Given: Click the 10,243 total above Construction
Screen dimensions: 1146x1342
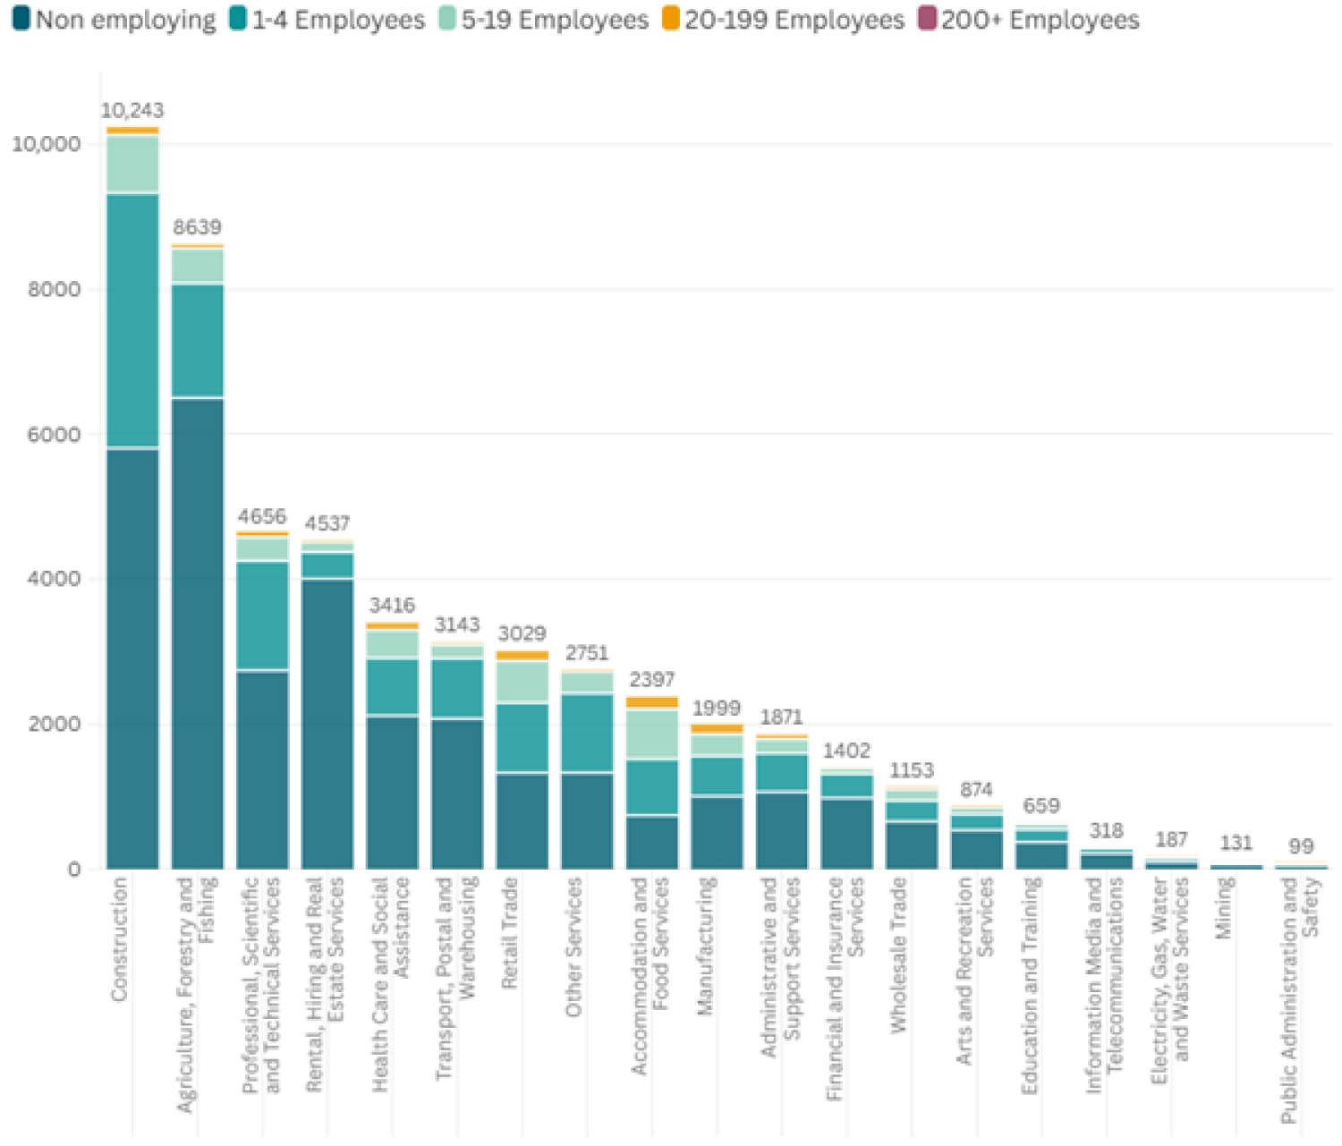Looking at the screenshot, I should tap(132, 111).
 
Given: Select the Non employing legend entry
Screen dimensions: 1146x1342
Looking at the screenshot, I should tap(115, 20).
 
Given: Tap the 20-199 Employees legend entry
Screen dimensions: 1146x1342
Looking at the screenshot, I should tap(784, 20).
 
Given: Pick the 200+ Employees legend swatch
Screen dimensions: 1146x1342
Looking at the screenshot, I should tap(929, 19).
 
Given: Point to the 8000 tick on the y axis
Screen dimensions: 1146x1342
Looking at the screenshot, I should tap(55, 290).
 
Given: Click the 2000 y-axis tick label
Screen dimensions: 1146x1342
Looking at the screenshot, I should tap(55, 724).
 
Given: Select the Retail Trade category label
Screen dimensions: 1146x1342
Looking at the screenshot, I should tap(510, 933).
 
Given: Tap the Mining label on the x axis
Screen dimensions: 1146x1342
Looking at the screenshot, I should tap(1225, 908).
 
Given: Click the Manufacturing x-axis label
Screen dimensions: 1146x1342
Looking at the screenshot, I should tap(705, 947).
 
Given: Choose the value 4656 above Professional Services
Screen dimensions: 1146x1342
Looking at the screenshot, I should tap(262, 516).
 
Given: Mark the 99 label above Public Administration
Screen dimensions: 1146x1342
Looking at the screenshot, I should tap(1301, 846).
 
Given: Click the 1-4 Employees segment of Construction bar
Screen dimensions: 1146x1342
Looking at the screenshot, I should tap(132, 319).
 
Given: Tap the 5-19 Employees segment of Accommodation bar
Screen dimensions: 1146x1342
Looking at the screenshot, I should tap(652, 734).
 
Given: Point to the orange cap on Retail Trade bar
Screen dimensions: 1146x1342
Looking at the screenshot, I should tap(522, 656).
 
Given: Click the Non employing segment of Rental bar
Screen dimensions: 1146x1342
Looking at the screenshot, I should tap(327, 724).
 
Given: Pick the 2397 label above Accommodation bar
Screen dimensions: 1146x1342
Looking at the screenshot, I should tap(652, 680).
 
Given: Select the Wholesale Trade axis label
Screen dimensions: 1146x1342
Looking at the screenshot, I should tap(899, 955).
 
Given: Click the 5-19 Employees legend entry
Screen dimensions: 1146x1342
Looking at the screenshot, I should tap(544, 20).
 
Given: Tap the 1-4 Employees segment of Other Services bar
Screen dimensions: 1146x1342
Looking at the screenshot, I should tap(587, 733).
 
